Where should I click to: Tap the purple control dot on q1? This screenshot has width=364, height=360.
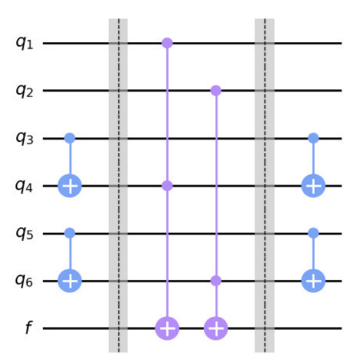tap(167, 42)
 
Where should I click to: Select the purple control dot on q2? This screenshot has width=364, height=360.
tap(216, 90)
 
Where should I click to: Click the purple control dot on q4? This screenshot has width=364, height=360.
tap(167, 186)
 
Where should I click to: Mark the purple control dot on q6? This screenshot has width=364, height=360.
tap(216, 281)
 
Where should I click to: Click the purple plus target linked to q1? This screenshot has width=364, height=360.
tap(167, 329)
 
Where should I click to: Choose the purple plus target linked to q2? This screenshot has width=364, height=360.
tap(216, 329)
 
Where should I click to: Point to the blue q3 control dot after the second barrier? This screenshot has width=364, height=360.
tap(313, 138)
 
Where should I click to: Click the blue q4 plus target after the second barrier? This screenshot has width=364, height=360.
tap(313, 186)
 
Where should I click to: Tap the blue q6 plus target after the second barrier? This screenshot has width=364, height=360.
tap(313, 281)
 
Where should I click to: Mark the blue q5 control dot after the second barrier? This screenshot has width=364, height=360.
tap(313, 233)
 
